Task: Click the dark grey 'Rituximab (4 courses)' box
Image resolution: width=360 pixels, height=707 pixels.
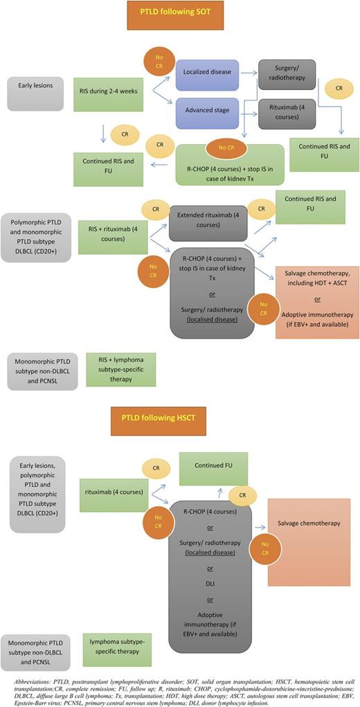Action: click(x=286, y=111)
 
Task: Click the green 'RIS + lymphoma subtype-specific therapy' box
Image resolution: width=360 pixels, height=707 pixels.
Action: click(x=121, y=368)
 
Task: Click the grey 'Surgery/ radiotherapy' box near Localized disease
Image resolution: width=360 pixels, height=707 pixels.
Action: click(x=286, y=74)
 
